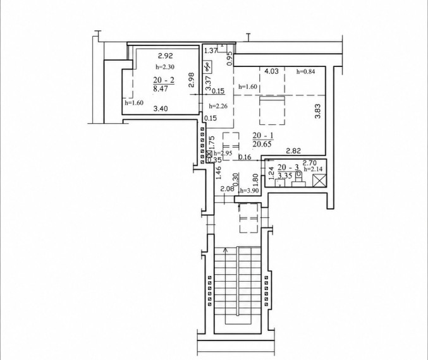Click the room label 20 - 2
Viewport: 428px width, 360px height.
(x=164, y=80)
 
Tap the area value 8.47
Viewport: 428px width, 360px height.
(x=161, y=89)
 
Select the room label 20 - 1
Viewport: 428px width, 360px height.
(x=263, y=136)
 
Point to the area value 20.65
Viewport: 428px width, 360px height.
(x=262, y=144)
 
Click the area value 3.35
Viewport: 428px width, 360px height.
(x=284, y=175)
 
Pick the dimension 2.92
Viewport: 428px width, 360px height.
(x=166, y=56)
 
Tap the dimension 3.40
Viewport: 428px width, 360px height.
(x=161, y=109)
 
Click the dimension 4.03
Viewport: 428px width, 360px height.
(x=272, y=71)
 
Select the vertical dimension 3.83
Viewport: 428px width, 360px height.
(x=318, y=111)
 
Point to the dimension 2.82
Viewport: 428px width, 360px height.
(x=293, y=151)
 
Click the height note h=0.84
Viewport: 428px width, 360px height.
(x=306, y=72)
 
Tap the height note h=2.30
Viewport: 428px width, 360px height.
(x=165, y=66)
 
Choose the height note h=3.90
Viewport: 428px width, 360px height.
(x=249, y=191)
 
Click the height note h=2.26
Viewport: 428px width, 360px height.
(x=218, y=106)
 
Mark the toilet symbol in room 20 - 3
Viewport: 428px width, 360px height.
(x=298, y=178)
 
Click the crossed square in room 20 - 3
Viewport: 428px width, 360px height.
(x=319, y=181)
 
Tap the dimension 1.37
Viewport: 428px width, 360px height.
(x=211, y=51)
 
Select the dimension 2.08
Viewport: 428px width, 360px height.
(x=227, y=189)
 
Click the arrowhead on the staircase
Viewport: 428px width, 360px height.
(x=226, y=250)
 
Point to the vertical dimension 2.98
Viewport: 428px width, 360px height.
(x=192, y=80)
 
